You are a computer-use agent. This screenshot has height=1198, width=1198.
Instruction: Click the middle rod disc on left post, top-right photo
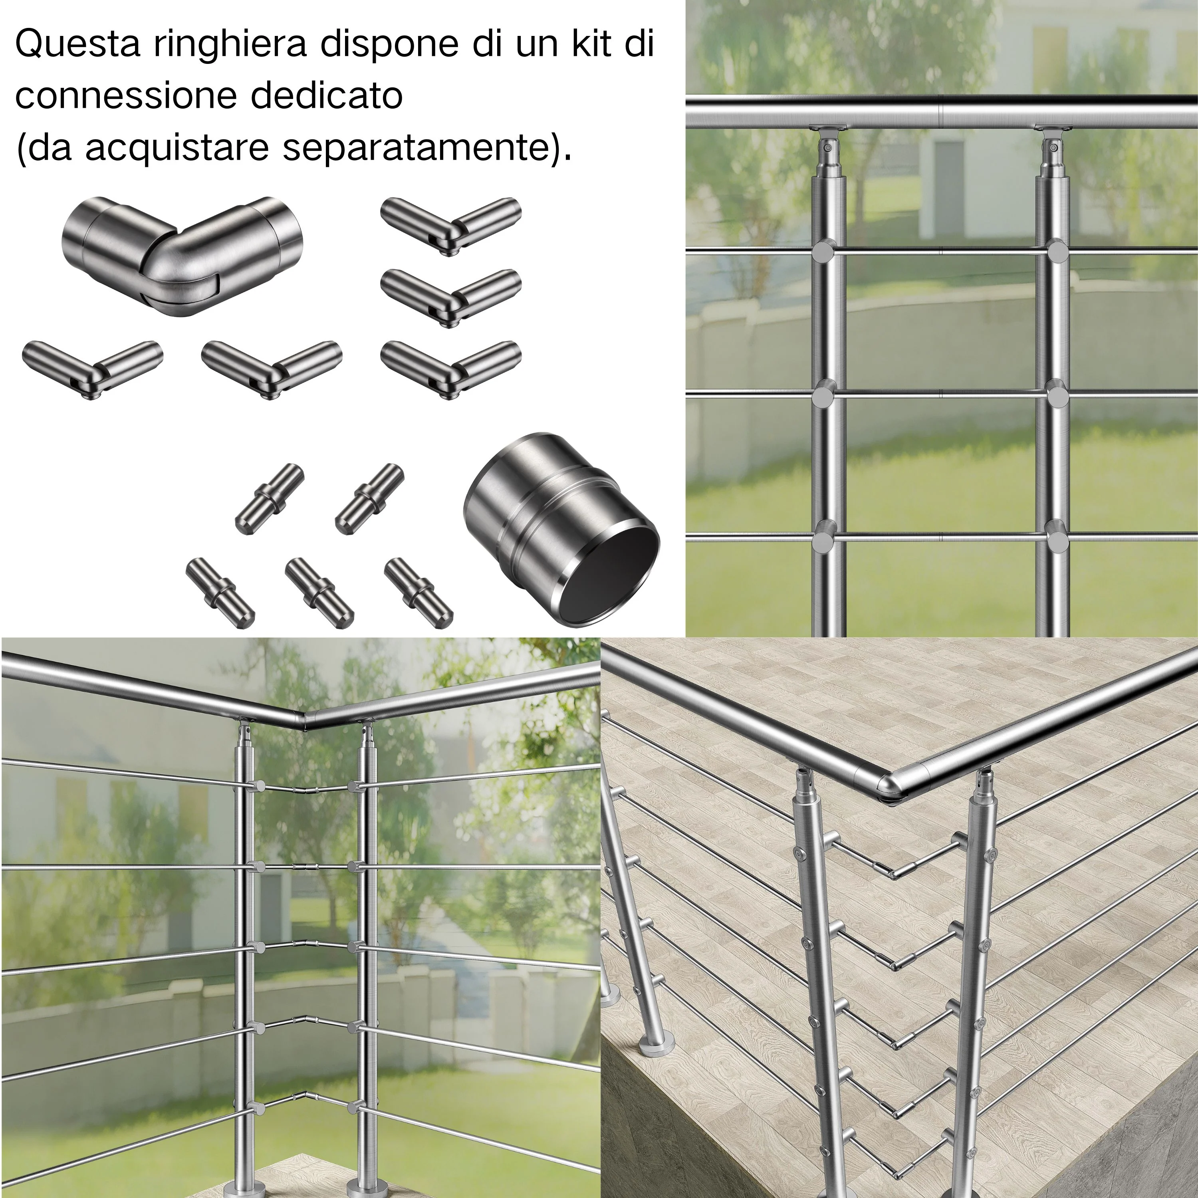click(x=825, y=396)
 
